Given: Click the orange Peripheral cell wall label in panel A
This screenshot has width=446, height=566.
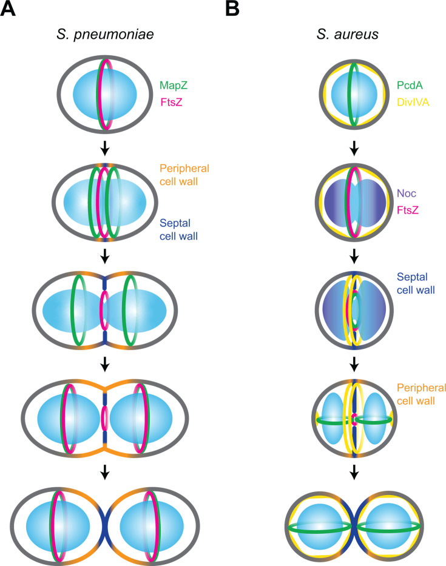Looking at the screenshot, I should (x=184, y=175).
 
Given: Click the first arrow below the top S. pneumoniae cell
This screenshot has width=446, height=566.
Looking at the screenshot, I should (x=105, y=147).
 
